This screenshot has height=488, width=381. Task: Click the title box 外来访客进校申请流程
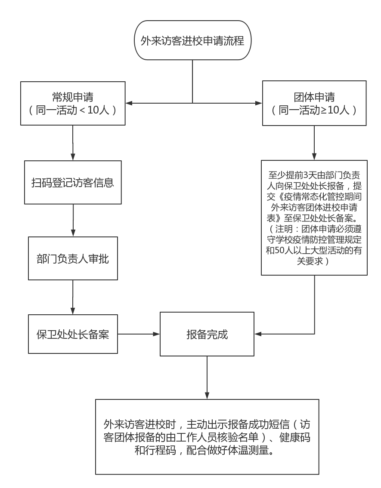tap(192, 40)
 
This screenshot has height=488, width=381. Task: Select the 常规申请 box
tap(73, 103)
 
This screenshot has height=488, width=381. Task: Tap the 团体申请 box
tap(314, 103)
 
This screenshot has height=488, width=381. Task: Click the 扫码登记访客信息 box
tap(73, 182)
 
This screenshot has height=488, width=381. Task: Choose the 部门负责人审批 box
tap(73, 259)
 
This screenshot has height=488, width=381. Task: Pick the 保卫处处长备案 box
tap(73, 334)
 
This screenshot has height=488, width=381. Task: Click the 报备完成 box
tap(207, 334)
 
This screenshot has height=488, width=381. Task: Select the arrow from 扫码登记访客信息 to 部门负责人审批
tap(73, 220)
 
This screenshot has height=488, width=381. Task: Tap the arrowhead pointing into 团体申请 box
tap(259, 103)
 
